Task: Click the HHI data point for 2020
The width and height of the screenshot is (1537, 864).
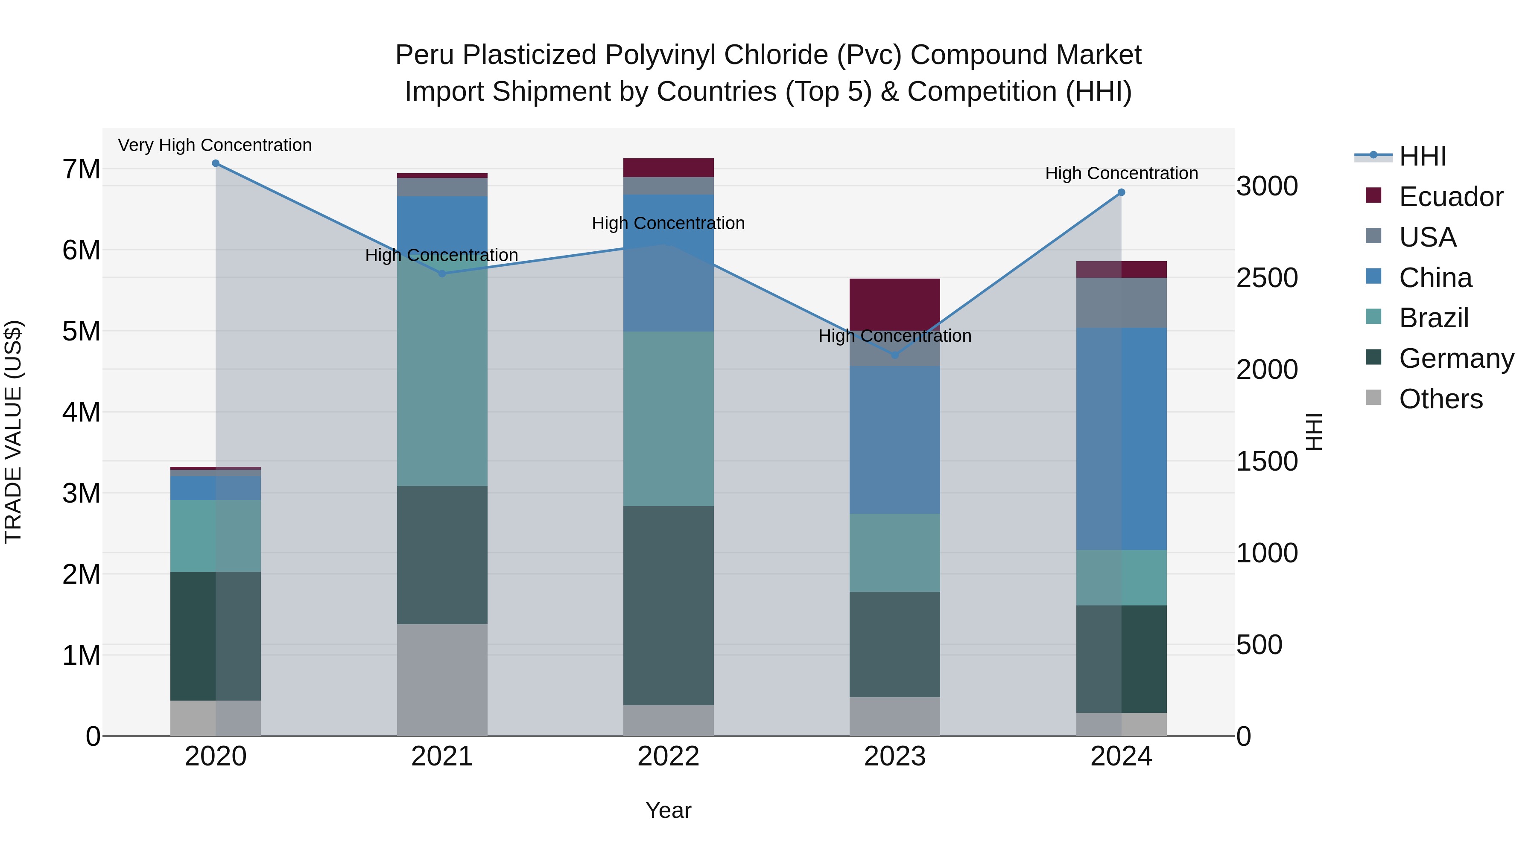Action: (216, 163)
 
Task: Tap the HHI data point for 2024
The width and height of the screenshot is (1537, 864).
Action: (1121, 192)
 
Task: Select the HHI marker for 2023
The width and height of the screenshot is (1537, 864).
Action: (894, 355)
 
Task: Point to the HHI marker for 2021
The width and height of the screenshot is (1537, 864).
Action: (442, 273)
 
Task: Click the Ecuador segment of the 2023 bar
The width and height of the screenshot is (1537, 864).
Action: (894, 304)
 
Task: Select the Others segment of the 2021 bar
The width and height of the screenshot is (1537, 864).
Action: (442, 680)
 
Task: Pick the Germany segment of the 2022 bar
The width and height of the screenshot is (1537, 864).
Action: (668, 605)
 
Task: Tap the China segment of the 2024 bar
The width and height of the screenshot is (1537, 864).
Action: (1121, 438)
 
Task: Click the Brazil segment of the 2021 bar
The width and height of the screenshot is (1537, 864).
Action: (442, 381)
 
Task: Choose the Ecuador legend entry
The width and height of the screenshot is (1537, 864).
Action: (1450, 197)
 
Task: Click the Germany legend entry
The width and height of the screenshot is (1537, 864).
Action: (1456, 358)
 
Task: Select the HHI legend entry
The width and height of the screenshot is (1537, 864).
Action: (1423, 156)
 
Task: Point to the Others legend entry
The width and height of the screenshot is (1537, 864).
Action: (1441, 399)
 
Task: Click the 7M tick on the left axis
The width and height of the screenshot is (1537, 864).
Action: (81, 169)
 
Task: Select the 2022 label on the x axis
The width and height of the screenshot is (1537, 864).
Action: (668, 756)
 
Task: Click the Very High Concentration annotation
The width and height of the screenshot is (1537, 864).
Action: (215, 145)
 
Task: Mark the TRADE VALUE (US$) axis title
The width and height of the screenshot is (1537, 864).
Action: (13, 432)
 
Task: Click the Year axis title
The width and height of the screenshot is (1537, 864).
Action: (668, 810)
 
